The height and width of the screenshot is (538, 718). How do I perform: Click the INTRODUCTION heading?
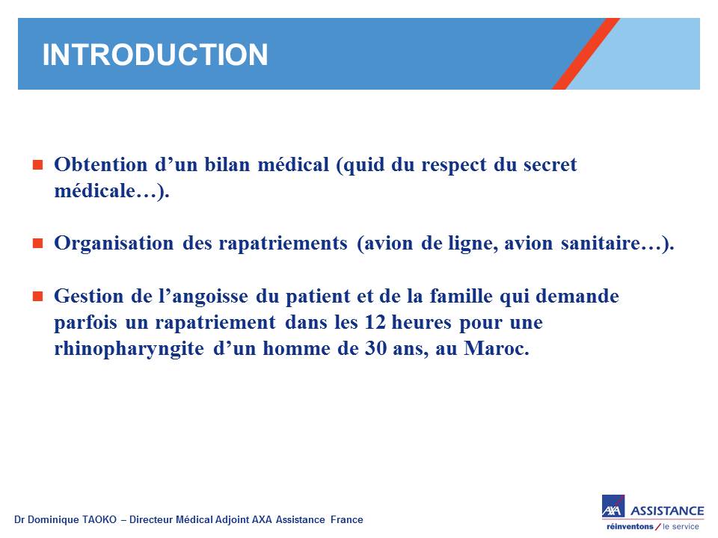pos(155,55)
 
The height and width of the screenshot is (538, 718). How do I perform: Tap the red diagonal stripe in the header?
pos(586,54)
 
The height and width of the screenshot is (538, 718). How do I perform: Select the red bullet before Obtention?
pos(37,164)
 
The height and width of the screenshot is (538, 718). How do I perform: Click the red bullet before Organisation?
pos(37,243)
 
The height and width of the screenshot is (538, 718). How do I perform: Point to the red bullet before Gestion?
pos(37,297)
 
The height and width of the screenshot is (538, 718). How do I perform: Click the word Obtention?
pos(101,164)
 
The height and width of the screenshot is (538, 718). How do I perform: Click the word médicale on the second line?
pos(95,191)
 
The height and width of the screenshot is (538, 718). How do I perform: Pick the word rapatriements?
pos(283,244)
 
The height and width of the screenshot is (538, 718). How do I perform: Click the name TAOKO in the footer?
pos(99,520)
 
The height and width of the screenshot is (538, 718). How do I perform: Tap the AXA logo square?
pos(613,506)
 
